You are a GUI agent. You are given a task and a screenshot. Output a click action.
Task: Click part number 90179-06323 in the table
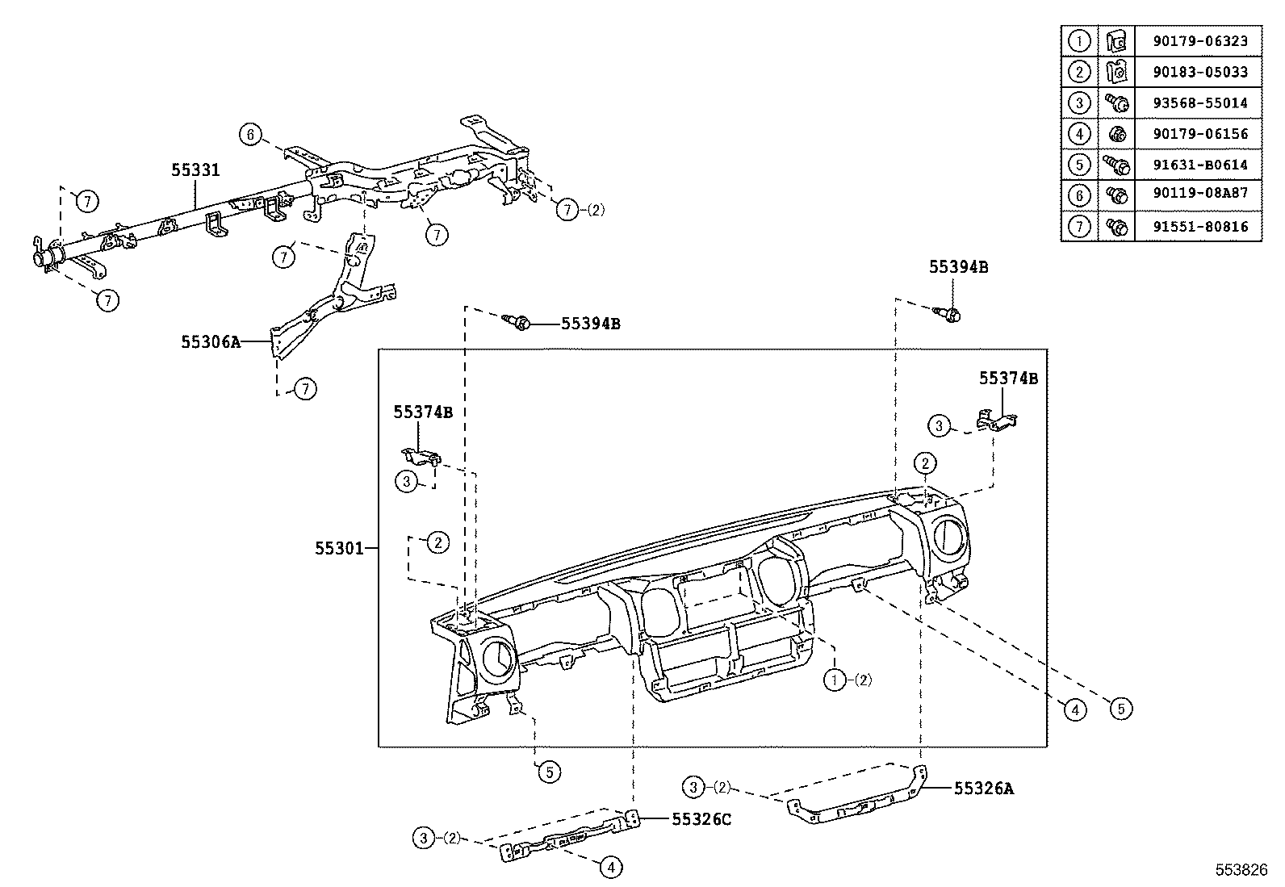1197,40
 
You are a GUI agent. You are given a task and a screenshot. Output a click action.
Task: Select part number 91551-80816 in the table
1197,227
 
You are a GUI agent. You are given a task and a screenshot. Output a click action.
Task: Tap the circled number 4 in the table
1079,133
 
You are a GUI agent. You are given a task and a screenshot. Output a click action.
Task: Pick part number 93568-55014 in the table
1197,103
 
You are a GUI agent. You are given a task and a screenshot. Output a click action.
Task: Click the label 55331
195,169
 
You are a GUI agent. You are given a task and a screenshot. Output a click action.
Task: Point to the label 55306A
211,341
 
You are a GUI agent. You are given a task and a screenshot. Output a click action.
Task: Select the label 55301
338,548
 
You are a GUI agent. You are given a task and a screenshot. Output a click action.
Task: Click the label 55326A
983,789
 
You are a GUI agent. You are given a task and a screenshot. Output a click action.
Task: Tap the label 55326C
701,818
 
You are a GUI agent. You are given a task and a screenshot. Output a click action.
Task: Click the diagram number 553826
1242,870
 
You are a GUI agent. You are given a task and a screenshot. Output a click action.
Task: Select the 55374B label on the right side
1008,378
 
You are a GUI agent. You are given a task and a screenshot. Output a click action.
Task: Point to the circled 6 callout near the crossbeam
251,135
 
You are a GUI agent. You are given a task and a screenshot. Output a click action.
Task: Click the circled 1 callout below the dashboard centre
834,680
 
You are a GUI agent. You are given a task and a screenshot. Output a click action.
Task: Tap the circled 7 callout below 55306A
304,389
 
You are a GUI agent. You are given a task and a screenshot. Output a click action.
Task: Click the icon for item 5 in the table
1117,165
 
